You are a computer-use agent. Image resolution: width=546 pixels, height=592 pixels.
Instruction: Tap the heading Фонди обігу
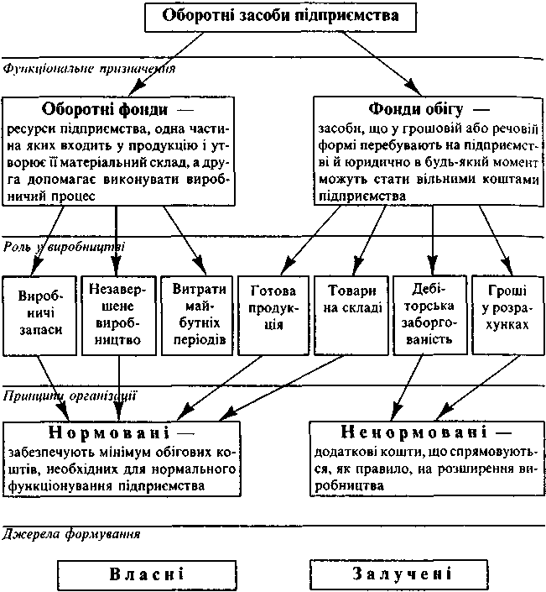point(418,110)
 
